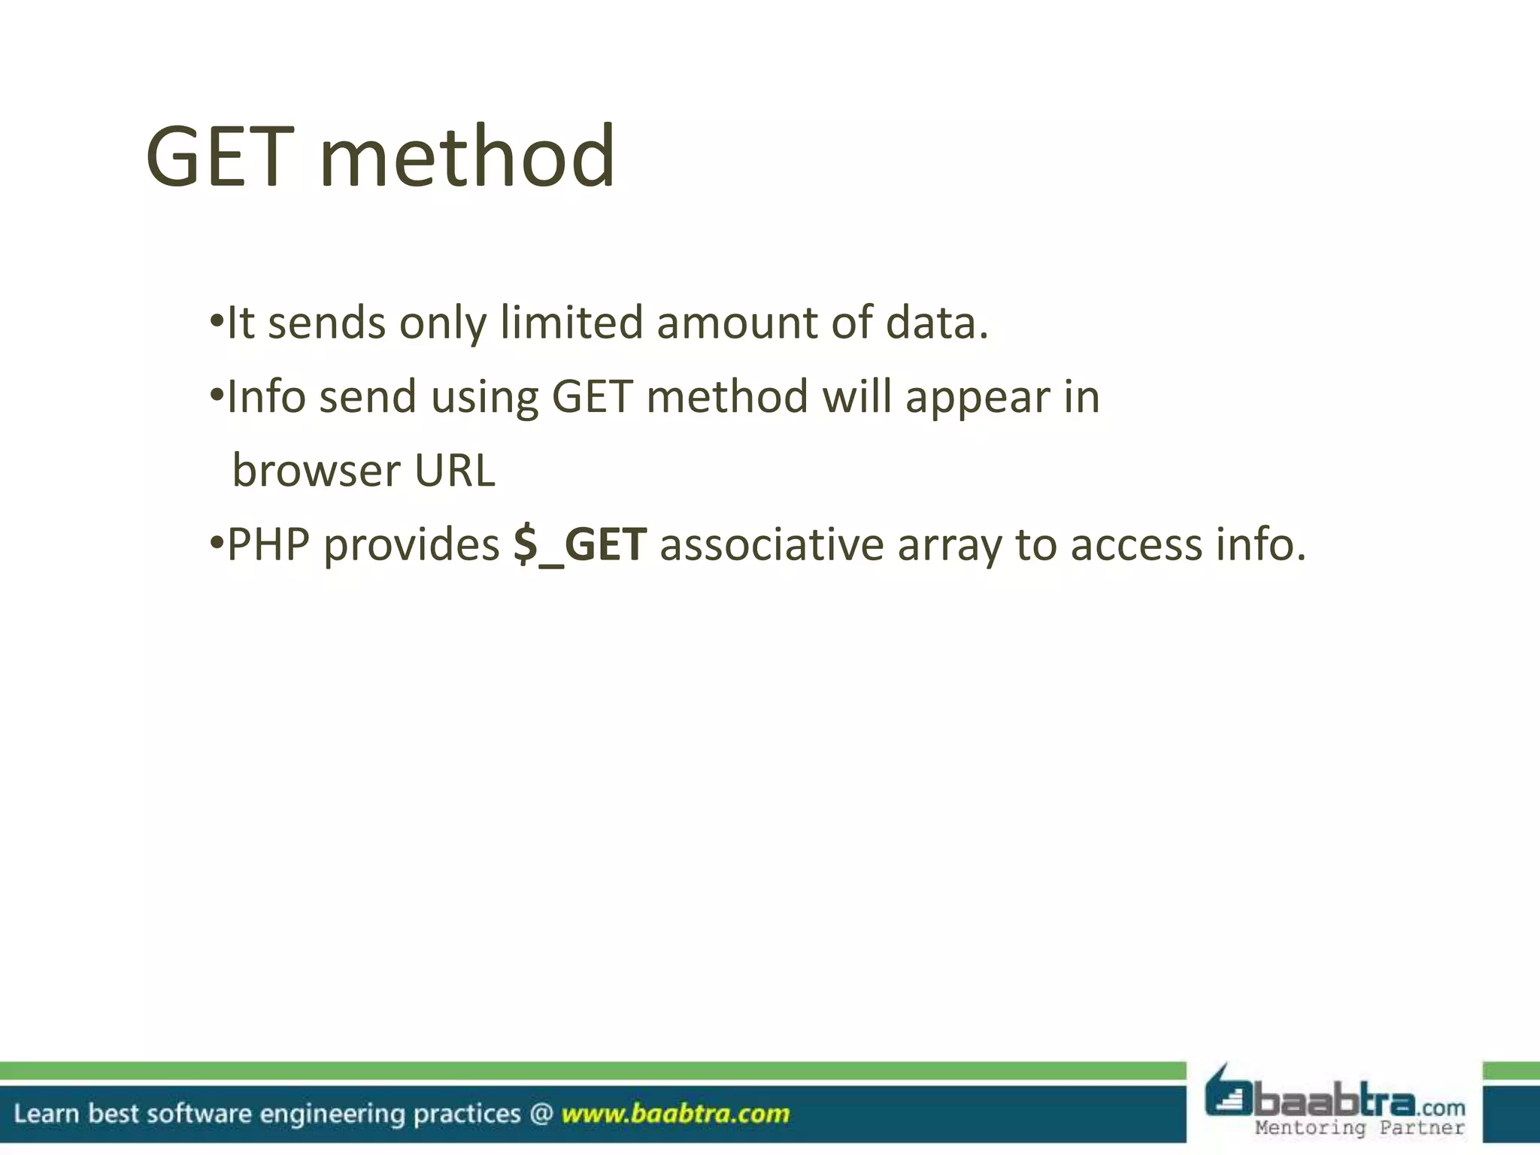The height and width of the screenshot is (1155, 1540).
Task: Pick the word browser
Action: [316, 471]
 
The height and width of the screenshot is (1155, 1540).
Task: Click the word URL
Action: [455, 471]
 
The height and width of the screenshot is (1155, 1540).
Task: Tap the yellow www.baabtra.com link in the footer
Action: [675, 1113]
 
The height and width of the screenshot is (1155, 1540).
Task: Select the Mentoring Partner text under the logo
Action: [1360, 1127]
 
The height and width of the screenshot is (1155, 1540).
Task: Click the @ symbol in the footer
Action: [541, 1113]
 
